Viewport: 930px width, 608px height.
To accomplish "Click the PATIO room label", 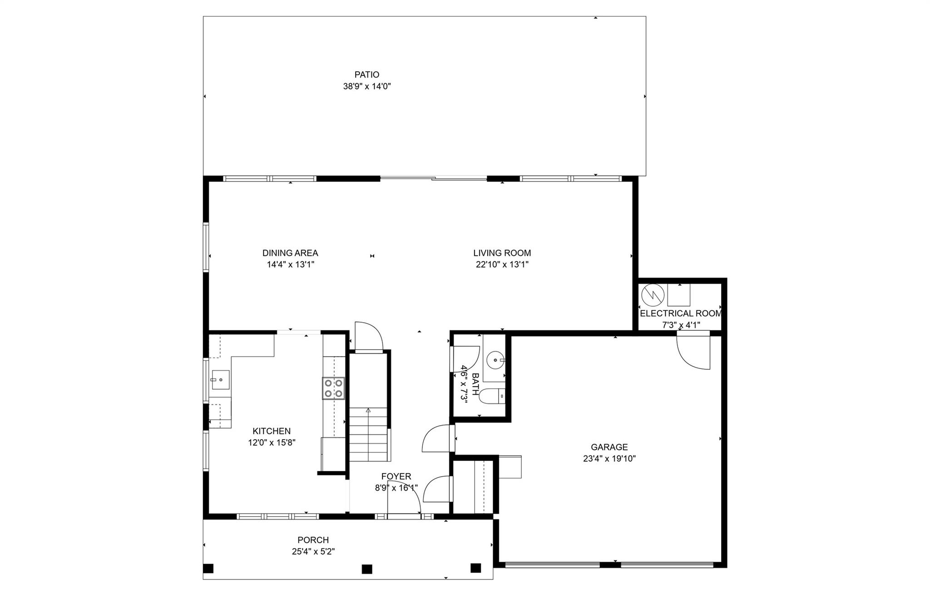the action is (366, 75).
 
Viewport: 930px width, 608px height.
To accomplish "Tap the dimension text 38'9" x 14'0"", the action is (367, 86).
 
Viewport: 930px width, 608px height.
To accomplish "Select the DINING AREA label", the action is (290, 253).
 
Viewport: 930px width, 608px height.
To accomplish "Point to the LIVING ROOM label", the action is (502, 253).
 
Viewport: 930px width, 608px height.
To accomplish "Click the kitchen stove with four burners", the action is (333, 388).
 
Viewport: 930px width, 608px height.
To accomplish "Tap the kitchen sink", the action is (220, 380).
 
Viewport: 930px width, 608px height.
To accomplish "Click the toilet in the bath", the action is (492, 396).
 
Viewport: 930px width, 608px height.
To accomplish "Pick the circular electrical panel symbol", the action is (653, 295).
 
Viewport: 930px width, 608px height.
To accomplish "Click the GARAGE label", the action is (609, 447).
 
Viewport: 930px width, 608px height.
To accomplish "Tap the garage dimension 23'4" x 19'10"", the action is (609, 459).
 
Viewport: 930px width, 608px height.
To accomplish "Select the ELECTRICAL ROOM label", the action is (681, 314).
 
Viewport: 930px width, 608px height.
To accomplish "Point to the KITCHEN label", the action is (272, 431).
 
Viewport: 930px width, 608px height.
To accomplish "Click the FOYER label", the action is (396, 476).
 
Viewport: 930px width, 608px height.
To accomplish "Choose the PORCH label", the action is (313, 540).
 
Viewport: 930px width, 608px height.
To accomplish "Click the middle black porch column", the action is (367, 569).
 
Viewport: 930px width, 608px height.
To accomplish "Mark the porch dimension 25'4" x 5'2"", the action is (313, 552).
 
